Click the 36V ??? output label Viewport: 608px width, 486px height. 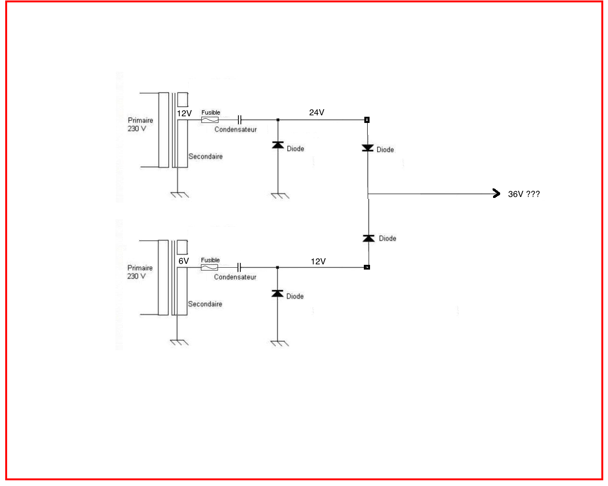523,194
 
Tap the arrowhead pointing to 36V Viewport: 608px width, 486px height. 496,193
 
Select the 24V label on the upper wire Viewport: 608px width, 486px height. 316,112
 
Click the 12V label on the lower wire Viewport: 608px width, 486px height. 318,262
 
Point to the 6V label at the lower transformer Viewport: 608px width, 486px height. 184,261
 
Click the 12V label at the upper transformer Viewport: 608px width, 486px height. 184,113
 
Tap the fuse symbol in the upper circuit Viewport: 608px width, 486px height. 210,120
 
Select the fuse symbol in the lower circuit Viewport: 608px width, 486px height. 209,268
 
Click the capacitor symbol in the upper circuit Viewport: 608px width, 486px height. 240,120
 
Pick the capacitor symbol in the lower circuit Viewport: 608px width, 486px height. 239,268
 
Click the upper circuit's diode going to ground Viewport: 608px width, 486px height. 278,145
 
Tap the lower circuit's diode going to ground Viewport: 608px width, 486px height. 277,293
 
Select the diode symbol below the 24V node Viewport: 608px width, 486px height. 368,148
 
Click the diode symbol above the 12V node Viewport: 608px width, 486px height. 369,238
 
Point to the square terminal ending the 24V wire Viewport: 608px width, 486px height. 367,120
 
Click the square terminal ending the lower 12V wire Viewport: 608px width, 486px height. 367,267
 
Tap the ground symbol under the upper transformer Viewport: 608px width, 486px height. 179,195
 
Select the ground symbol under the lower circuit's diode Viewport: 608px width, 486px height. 279,343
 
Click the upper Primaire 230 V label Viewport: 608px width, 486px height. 140,124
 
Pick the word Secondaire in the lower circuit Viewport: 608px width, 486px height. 205,304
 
